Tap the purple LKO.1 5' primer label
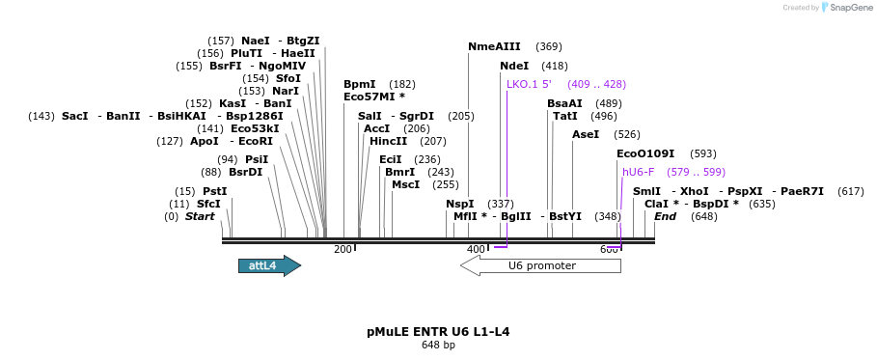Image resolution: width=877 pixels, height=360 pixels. tap(529, 84)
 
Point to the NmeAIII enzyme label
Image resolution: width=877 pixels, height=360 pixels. tap(494, 46)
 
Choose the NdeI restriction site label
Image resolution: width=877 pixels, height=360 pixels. tap(514, 66)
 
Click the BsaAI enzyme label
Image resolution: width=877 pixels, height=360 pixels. tap(564, 103)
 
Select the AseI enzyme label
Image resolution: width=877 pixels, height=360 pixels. tap(586, 134)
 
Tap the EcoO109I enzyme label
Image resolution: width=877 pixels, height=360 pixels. tap(645, 153)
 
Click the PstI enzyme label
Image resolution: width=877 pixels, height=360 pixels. tap(215, 191)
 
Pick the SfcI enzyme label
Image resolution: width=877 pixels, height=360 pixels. tap(208, 204)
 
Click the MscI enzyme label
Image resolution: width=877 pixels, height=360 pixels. tap(405, 184)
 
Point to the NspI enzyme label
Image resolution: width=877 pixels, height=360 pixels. tap(460, 204)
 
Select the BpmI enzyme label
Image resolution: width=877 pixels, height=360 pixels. tap(360, 84)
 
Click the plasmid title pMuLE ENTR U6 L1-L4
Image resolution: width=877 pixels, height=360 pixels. tap(438, 332)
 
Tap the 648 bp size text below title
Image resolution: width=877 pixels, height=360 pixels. tap(438, 346)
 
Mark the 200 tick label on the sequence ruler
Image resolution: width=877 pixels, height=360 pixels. tap(343, 250)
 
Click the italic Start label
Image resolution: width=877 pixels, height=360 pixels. tap(200, 216)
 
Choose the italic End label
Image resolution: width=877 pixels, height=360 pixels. tap(666, 216)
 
